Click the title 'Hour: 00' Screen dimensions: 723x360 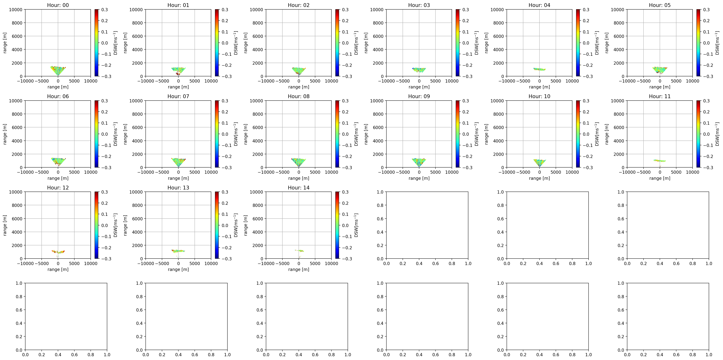[x=58, y=5]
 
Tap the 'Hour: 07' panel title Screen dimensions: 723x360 [x=178, y=96]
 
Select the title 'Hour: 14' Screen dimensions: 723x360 [x=299, y=188]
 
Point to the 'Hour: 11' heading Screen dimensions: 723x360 [x=660, y=96]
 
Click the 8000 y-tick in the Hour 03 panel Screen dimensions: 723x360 [x=378, y=23]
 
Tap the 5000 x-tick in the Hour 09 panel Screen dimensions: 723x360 [x=435, y=172]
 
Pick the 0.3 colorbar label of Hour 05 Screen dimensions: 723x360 [x=706, y=10]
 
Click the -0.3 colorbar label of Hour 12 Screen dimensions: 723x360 [x=106, y=259]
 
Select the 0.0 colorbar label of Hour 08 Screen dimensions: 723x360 [x=345, y=134]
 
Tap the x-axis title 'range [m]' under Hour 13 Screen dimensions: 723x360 [x=178, y=269]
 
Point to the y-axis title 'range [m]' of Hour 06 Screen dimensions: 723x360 [x=5, y=134]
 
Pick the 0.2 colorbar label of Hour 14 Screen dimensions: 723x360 [x=345, y=203]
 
